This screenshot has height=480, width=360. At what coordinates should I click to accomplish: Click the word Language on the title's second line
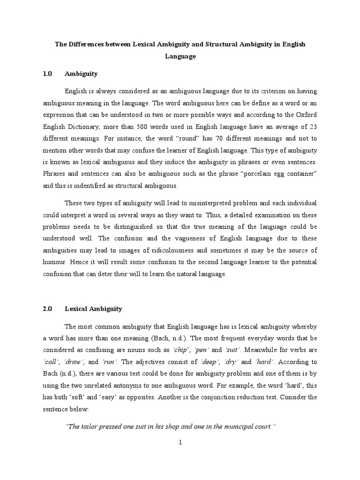point(180,56)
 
